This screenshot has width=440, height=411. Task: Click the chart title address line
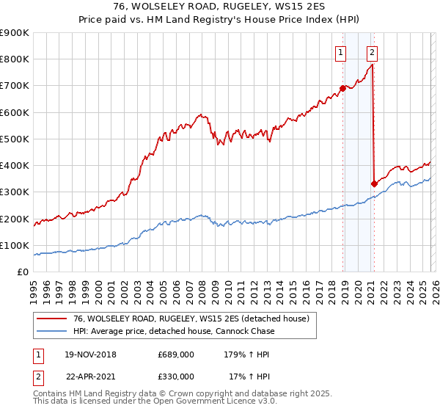pyautogui.click(x=219, y=5)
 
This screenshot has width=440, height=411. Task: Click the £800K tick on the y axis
pyautogui.click(x=15, y=59)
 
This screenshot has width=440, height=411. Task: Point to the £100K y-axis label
pyautogui.click(x=15, y=245)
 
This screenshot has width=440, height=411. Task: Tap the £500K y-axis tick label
pyautogui.click(x=15, y=139)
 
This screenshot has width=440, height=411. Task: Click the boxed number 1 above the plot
pyautogui.click(x=342, y=52)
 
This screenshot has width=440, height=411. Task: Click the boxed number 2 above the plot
pyautogui.click(x=373, y=52)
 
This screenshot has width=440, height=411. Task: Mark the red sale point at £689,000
pyautogui.click(x=342, y=88)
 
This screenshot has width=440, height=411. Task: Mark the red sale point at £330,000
pyautogui.click(x=374, y=183)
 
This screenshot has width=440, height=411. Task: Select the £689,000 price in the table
pyautogui.click(x=176, y=354)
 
